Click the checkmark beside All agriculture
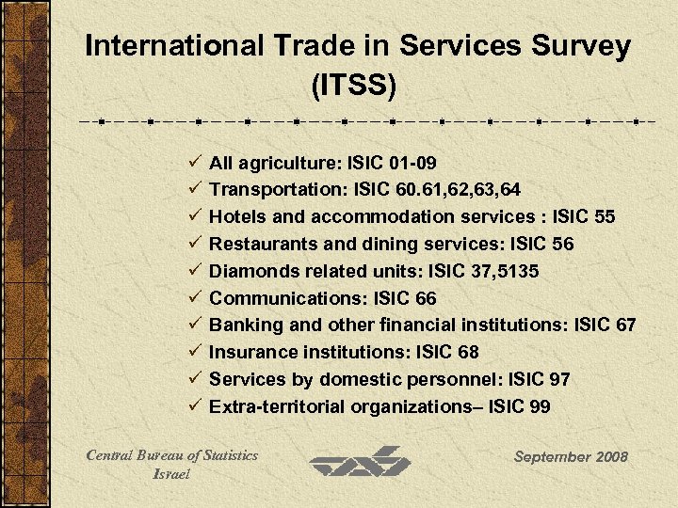[x=194, y=162]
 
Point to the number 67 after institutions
[x=625, y=325]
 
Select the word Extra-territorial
[x=277, y=407]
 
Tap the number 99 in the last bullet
[x=539, y=407]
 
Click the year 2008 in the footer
[x=608, y=457]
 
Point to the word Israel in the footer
[x=171, y=474]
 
